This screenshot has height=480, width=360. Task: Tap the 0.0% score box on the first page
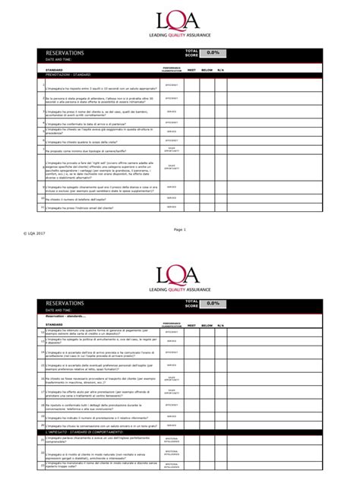pos(212,52)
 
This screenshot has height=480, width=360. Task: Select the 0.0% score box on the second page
pos(212,303)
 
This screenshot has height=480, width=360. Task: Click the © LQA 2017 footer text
pos(34,233)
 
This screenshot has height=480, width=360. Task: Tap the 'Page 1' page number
pos(179,229)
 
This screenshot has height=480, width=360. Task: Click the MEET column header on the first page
pos(191,70)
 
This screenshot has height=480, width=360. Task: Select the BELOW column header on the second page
pos(207,324)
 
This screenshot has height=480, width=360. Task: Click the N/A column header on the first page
pos(220,70)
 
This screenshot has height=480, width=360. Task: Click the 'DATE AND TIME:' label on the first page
pos(58,59)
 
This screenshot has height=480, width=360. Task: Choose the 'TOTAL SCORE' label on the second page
pos(191,304)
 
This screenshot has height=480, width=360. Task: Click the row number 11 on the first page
pos(42,207)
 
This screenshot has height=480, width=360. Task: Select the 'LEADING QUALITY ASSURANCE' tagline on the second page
pos(179,289)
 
